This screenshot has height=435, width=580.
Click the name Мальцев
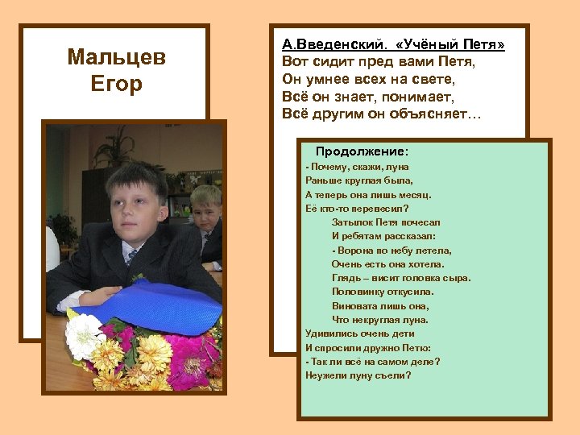(117, 57)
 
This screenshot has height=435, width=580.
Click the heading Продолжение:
(362, 151)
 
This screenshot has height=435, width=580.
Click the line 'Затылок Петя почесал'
(386, 222)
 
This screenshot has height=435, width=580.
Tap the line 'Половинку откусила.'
(383, 292)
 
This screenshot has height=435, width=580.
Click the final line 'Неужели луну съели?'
(358, 375)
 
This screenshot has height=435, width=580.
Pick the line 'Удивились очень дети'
(360, 333)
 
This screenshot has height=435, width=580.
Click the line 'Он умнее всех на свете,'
(369, 79)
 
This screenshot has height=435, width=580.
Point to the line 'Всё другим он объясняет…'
(381, 114)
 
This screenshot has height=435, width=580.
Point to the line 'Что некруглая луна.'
(379, 320)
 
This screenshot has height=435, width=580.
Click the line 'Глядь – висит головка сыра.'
(401, 278)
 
